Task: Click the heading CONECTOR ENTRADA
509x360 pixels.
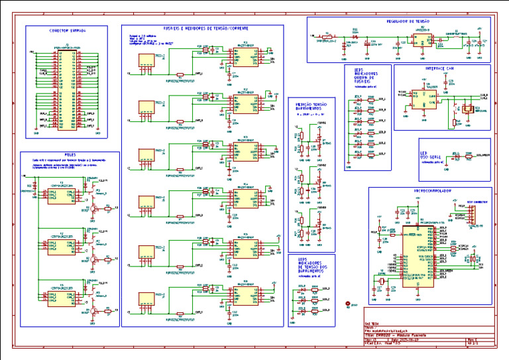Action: coord(68,30)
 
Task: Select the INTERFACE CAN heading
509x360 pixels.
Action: coord(439,68)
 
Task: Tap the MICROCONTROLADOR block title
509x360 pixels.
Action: coord(431,190)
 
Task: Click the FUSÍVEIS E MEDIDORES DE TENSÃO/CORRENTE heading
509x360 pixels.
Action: coord(202,28)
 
